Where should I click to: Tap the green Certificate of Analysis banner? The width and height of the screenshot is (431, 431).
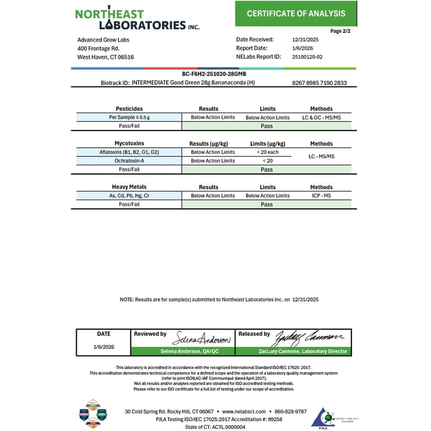296,13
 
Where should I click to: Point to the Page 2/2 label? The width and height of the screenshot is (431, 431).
341,31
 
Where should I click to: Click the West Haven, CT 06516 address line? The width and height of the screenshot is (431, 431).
106,57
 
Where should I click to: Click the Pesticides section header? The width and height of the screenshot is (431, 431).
128,108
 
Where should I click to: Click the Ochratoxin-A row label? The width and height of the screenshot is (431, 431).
128,161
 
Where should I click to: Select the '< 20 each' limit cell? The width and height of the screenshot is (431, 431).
267,152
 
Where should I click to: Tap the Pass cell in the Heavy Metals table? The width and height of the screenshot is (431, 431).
267,204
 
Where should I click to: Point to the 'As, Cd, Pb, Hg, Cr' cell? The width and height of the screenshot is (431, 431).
128,195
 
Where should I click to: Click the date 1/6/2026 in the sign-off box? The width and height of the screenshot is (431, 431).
103,347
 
